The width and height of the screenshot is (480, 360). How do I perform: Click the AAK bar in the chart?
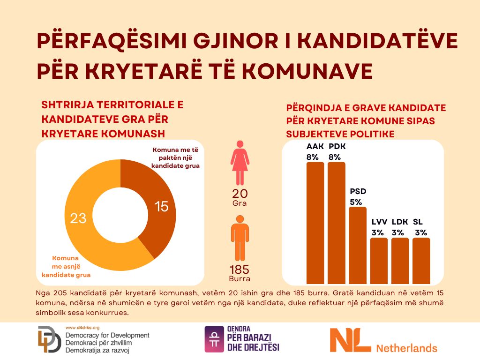(315, 223)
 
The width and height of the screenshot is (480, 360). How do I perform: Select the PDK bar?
(337, 223)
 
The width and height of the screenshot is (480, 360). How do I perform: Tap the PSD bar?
(358, 246)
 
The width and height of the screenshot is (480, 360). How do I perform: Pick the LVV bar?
(379, 261)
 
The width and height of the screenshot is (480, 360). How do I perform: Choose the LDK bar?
(400, 261)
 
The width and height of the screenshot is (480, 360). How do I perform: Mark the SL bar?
(421, 261)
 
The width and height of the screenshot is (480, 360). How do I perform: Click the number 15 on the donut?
(161, 206)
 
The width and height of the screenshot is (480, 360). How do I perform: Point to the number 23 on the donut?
(78, 218)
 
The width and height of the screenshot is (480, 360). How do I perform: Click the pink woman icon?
(240, 163)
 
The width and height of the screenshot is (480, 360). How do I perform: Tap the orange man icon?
(240, 238)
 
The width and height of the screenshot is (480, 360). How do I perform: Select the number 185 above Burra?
(240, 270)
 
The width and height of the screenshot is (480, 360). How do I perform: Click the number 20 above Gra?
(240, 194)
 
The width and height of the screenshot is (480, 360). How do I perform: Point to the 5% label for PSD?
(356, 202)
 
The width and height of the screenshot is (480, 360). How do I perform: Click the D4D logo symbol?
(49, 339)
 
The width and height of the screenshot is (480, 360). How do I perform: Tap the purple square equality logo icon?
(214, 339)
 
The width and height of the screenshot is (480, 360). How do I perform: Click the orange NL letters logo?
(350, 340)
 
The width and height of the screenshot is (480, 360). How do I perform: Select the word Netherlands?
(406, 348)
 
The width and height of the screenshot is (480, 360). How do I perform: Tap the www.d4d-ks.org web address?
(82, 328)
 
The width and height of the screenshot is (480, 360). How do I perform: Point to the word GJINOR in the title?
(236, 40)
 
